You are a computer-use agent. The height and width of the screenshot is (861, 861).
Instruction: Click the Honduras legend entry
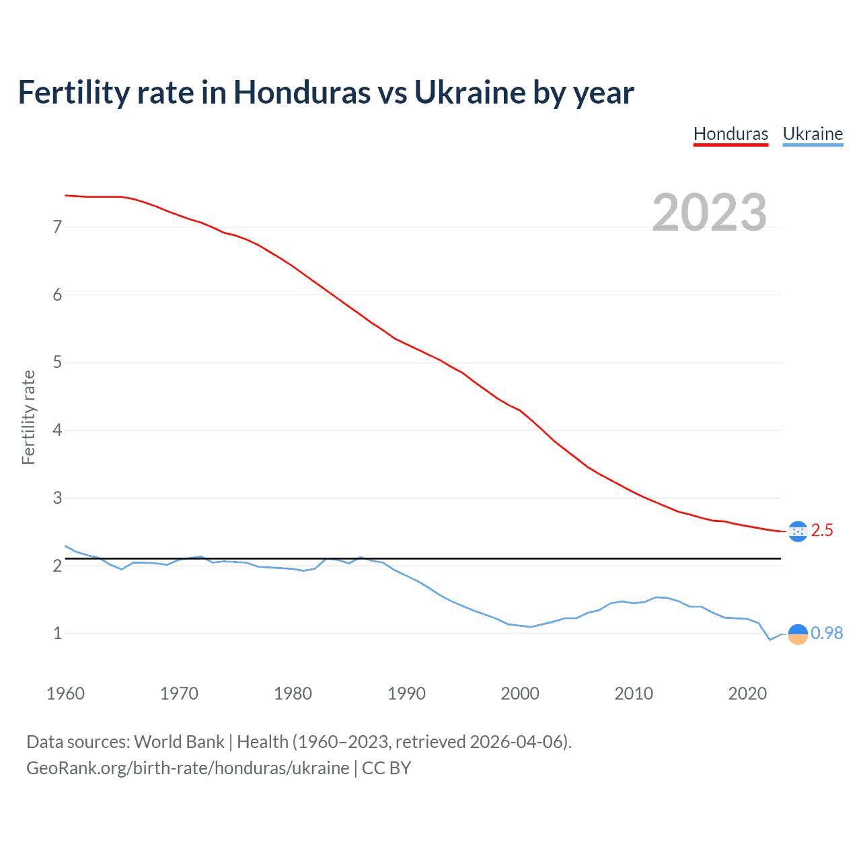(x=731, y=134)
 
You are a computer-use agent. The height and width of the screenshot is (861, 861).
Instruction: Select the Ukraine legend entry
(x=813, y=134)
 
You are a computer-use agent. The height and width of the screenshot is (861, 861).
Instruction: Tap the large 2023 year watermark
(x=709, y=213)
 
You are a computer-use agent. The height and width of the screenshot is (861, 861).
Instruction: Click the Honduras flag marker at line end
(x=798, y=531)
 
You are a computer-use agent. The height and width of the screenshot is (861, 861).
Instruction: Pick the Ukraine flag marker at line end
(x=798, y=634)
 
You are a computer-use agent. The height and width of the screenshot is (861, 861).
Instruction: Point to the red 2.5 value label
(x=822, y=531)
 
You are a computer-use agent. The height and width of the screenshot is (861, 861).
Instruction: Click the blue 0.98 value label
(x=827, y=634)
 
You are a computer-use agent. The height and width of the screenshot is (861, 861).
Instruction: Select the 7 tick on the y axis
(x=57, y=227)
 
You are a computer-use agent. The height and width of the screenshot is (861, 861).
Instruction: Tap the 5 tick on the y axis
(x=57, y=363)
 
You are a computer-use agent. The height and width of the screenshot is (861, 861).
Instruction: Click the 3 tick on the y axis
(x=57, y=498)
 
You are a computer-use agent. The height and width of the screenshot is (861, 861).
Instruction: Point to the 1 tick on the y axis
(x=57, y=634)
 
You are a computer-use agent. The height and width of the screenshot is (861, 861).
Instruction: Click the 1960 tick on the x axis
(x=65, y=694)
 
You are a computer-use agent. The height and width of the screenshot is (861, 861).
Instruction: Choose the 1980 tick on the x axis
(x=293, y=694)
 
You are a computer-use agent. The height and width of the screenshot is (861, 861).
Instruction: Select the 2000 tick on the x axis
(x=520, y=694)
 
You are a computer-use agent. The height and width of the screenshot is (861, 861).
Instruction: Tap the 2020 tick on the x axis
(x=747, y=694)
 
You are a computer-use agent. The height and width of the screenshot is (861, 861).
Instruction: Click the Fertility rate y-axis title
(x=28, y=417)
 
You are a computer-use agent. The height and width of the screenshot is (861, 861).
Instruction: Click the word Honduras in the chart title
(x=301, y=93)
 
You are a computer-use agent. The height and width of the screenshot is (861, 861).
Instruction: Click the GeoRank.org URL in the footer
(x=188, y=768)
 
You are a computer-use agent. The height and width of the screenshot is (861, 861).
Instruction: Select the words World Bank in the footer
(x=179, y=742)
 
